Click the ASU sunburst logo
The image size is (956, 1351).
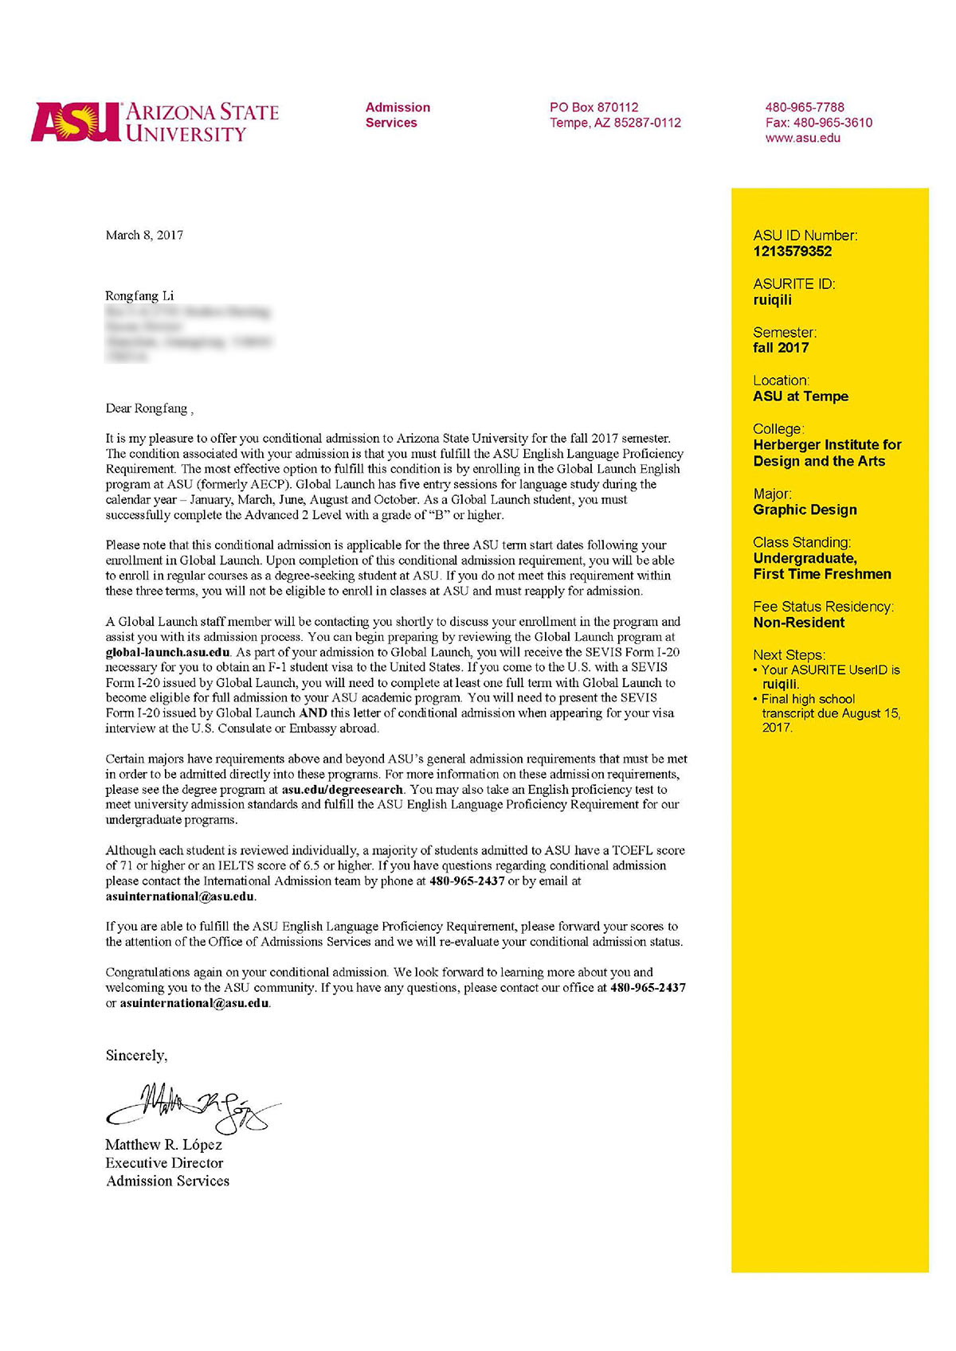pos(76,122)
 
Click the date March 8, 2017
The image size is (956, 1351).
pos(144,235)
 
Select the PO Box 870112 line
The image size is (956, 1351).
pos(594,107)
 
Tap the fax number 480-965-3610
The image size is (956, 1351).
pos(833,123)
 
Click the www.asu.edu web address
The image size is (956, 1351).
pos(802,138)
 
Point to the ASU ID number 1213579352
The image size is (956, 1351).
pos(792,252)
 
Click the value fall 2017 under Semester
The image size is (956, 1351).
pos(781,348)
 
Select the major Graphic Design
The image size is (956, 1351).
pos(805,510)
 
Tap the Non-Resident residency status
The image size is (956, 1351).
pos(798,623)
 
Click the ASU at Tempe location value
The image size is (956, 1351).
pos(801,396)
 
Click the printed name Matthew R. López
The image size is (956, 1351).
pos(163,1145)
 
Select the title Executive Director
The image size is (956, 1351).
pos(164,1163)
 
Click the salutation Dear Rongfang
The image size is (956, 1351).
pos(147,408)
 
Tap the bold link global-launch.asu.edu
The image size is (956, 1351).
pos(167,652)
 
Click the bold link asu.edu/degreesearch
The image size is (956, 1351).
pos(343,790)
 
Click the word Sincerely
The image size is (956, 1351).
pos(136,1056)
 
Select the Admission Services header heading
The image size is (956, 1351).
pos(398,115)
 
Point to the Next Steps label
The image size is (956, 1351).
pos(789,654)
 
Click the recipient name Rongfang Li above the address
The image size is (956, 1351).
pos(139,295)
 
